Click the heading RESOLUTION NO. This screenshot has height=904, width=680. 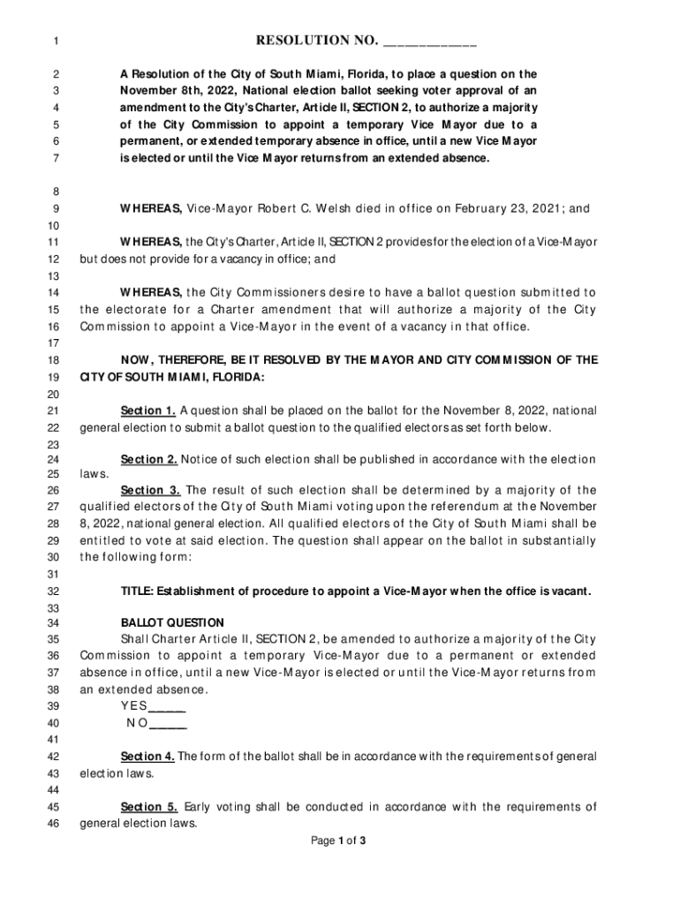[x=317, y=41]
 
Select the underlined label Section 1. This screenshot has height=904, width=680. [x=148, y=411]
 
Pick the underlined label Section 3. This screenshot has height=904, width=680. [x=151, y=490]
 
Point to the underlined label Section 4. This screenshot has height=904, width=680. [x=147, y=757]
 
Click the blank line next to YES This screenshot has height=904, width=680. [x=167, y=709]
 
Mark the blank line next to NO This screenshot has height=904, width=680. [x=168, y=725]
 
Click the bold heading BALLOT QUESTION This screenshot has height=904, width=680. [x=172, y=622]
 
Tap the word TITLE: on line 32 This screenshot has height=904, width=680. [x=138, y=590]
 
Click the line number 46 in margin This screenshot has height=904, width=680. [x=52, y=824]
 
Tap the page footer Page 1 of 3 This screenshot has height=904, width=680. [x=339, y=840]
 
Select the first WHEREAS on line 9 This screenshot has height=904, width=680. [x=151, y=208]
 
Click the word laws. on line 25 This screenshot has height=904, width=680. [x=95, y=473]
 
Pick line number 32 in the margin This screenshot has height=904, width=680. [x=52, y=591]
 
